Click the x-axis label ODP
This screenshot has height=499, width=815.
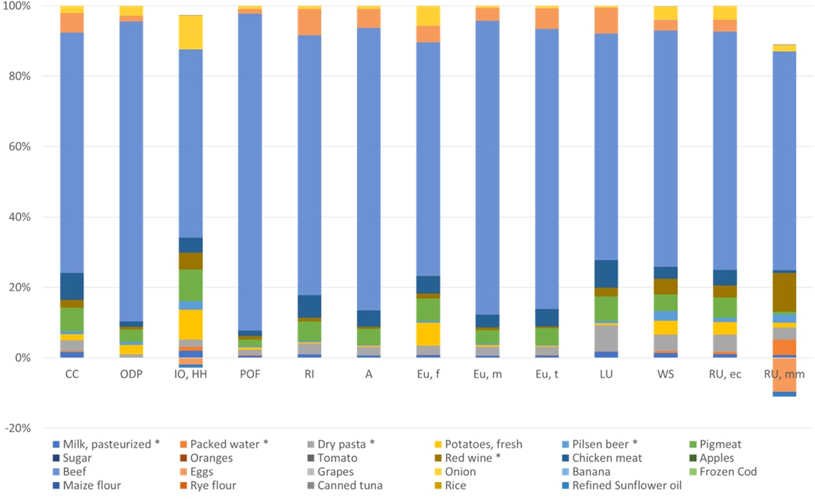tap(131, 374)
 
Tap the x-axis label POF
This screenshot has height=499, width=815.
tap(250, 374)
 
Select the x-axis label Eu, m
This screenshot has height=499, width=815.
tap(487, 374)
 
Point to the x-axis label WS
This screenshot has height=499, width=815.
tap(666, 374)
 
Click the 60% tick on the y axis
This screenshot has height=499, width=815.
tap(19, 147)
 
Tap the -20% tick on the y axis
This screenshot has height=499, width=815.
tap(18, 428)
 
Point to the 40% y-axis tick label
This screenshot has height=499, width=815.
tap(19, 217)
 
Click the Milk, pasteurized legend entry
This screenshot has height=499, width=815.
tap(107, 444)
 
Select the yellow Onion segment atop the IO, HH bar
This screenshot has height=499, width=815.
tap(191, 32)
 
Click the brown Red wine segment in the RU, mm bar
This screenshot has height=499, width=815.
tap(784, 292)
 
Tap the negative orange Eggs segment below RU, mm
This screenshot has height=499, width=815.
tap(784, 375)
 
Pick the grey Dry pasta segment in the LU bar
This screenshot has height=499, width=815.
tap(606, 338)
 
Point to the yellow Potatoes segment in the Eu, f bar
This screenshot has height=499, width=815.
tap(428, 334)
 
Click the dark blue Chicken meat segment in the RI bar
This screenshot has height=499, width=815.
tap(309, 306)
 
